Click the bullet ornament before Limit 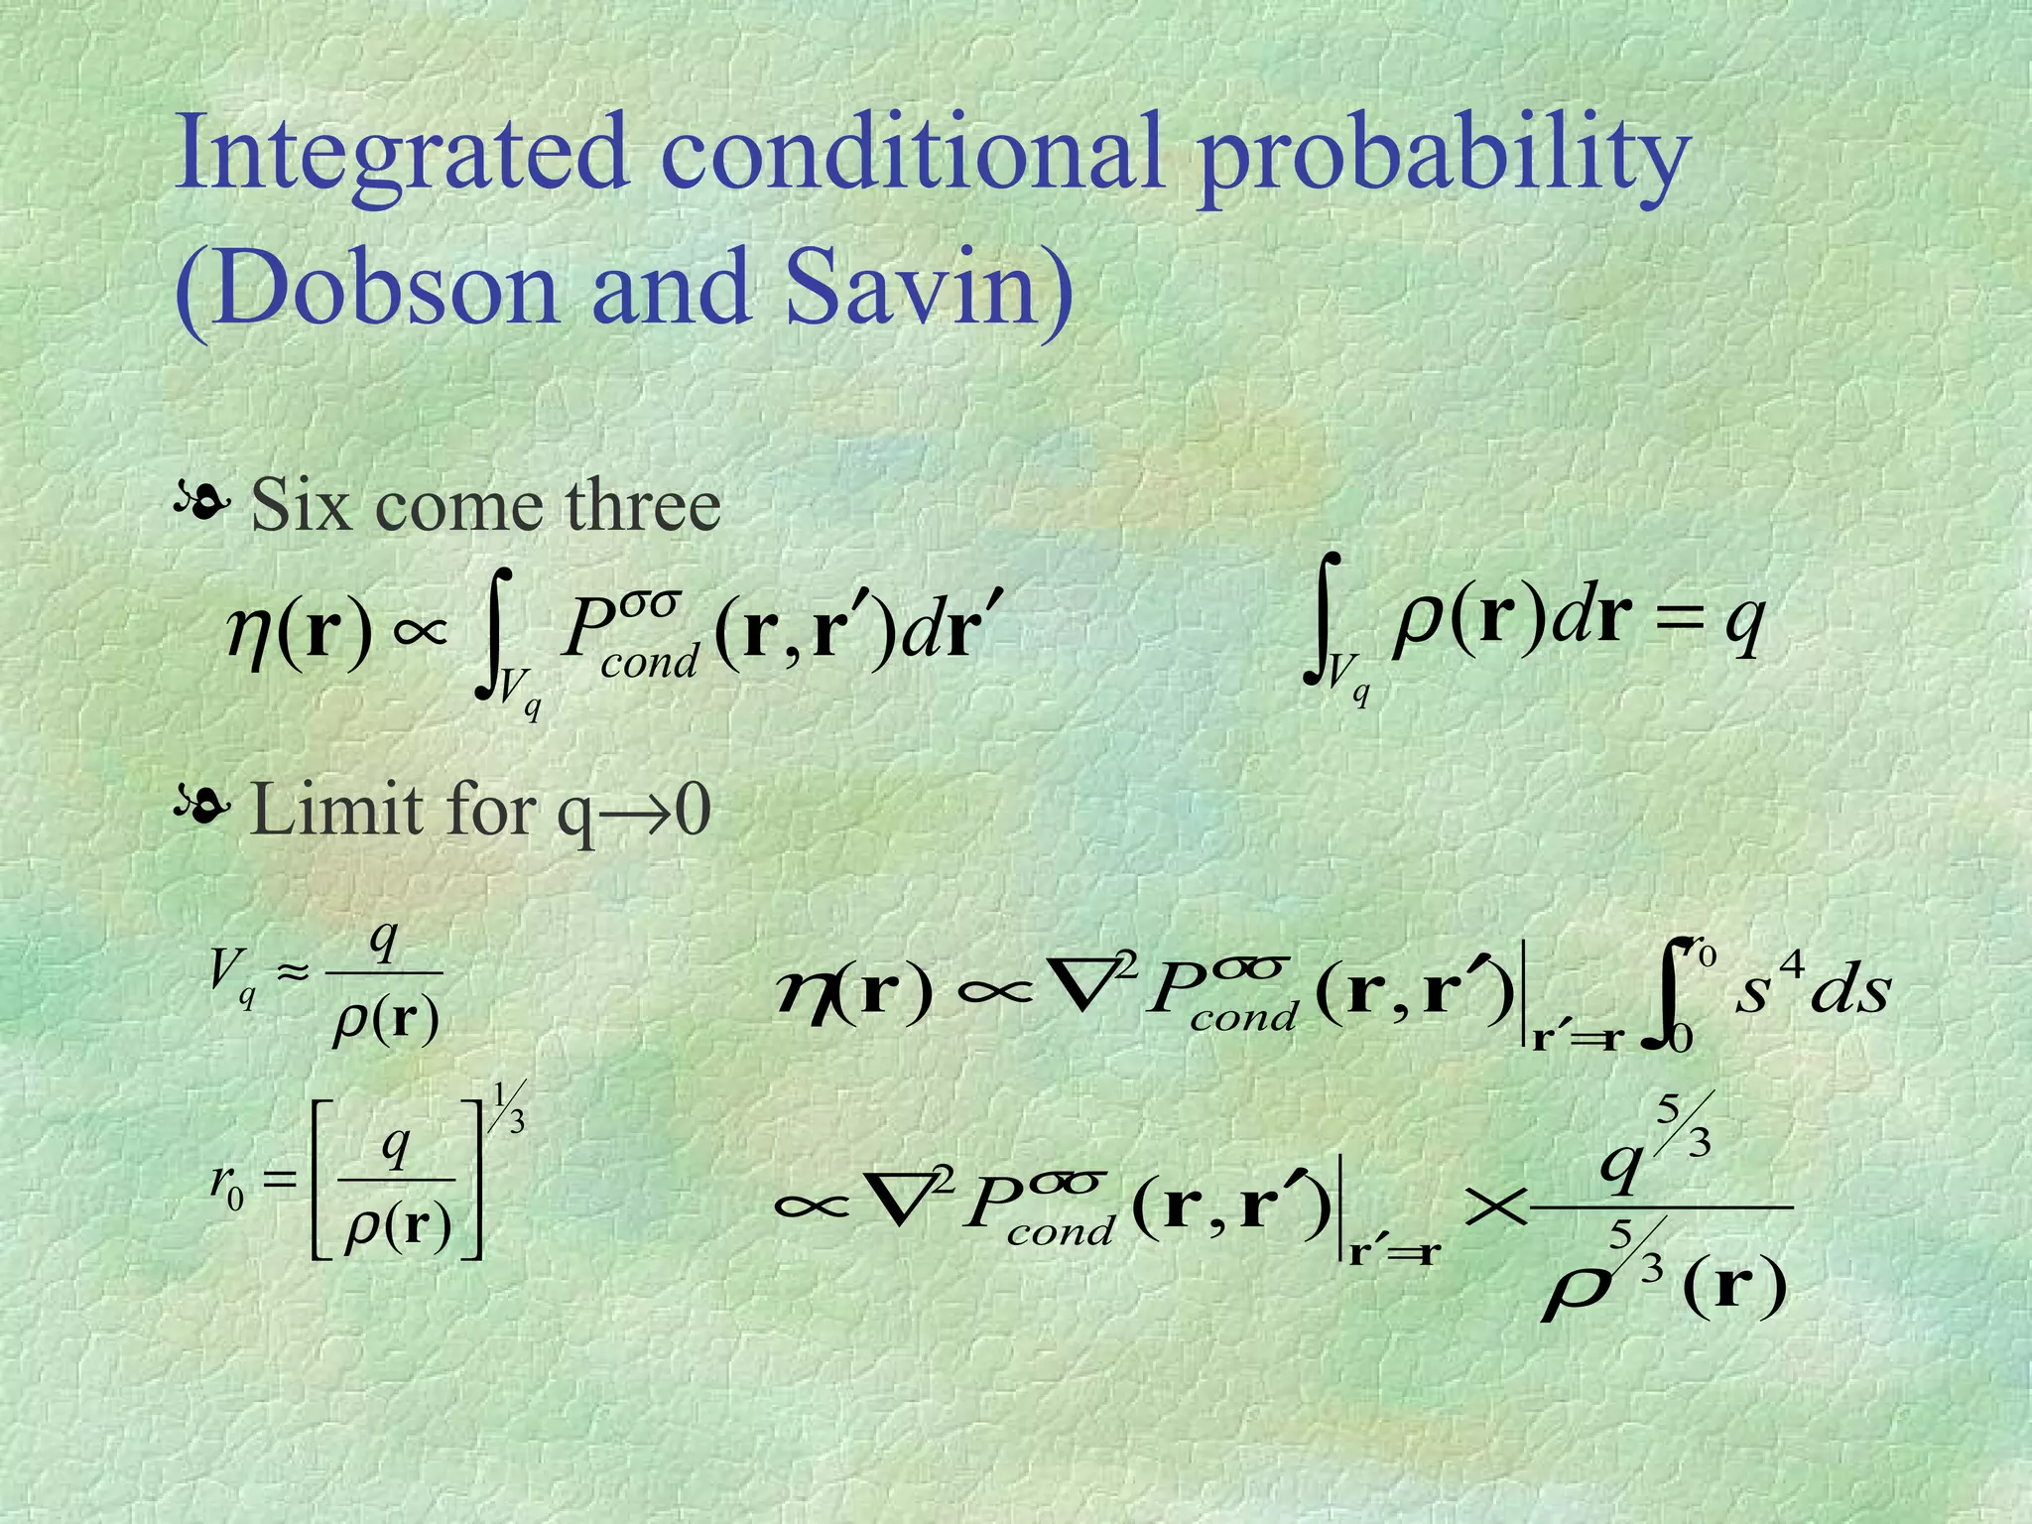[x=201, y=809]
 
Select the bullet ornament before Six [x=201, y=505]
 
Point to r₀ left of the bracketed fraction [x=227, y=1181]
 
